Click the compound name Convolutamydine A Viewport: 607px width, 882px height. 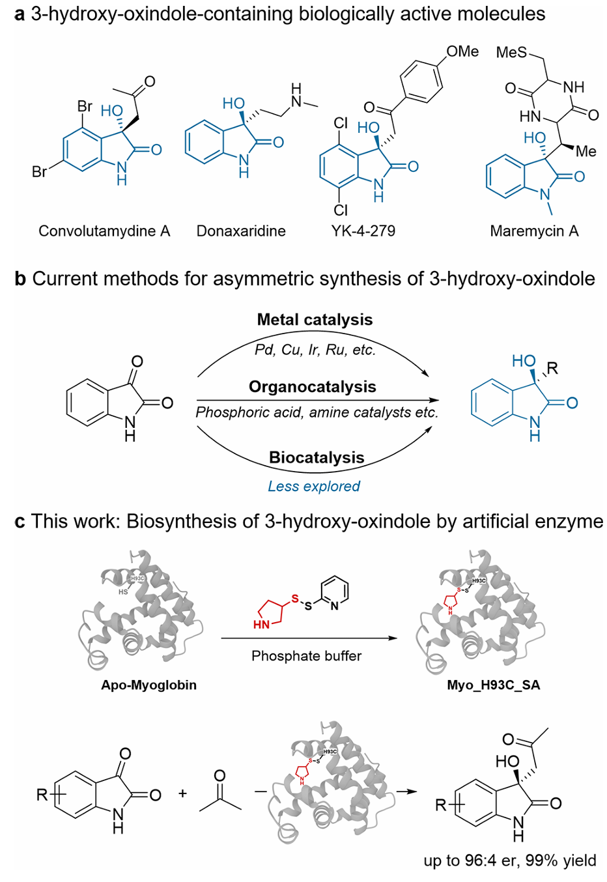(104, 231)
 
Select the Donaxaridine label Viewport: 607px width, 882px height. (241, 231)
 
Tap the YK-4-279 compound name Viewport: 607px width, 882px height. (363, 231)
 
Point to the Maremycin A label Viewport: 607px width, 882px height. (534, 231)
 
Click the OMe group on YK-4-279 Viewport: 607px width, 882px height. (462, 51)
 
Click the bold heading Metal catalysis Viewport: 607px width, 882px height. (315, 320)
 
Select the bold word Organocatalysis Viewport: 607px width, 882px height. (313, 387)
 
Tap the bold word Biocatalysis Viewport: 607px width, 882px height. (317, 458)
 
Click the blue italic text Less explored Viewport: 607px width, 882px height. (314, 487)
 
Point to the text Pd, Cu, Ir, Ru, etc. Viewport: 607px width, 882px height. (315, 350)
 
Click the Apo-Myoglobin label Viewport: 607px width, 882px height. (148, 685)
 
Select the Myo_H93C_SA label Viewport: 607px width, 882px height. (494, 685)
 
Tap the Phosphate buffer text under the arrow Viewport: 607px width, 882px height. (306, 656)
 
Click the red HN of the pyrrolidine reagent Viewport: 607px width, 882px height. (261, 625)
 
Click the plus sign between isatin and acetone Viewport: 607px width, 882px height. (182, 793)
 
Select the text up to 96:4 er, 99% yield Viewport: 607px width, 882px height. (510, 861)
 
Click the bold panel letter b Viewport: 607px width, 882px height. (20, 279)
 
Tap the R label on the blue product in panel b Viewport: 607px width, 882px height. (552, 369)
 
